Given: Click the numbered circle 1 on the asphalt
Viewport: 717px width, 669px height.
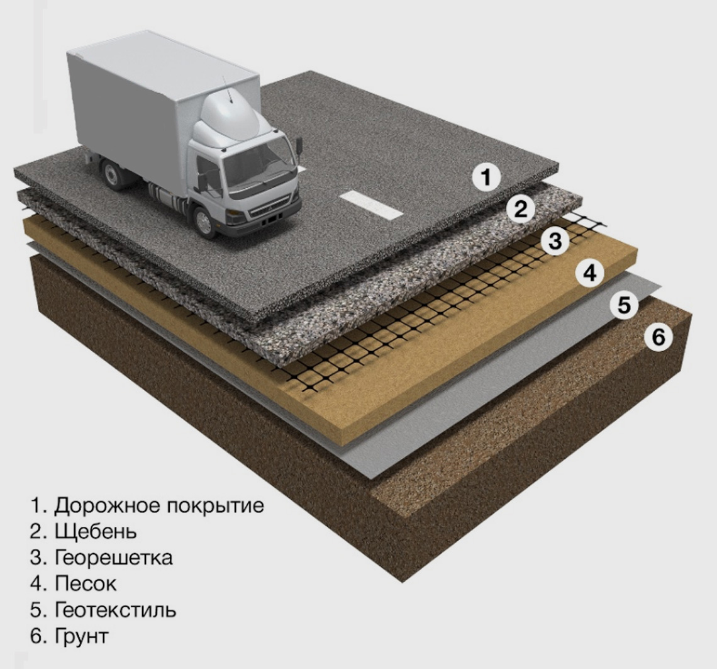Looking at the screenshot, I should [486, 177].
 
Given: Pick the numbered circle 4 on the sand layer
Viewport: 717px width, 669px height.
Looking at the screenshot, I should [589, 273].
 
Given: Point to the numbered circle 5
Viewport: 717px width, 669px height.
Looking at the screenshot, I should [623, 305].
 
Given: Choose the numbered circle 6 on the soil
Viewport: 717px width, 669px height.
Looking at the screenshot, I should [658, 337].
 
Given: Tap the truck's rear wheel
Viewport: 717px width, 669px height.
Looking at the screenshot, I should [113, 174].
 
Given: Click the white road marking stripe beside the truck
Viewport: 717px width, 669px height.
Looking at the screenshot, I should [370, 205].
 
